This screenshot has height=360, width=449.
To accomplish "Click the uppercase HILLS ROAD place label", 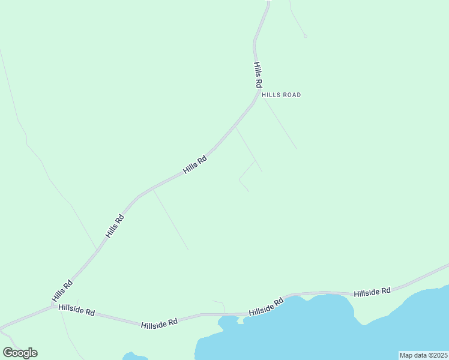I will click(281, 95).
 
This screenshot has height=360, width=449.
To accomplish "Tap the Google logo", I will click(20, 353).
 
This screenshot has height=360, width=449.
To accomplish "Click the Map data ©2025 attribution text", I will click(423, 355).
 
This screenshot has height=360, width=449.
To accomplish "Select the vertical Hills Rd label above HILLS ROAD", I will click(258, 75).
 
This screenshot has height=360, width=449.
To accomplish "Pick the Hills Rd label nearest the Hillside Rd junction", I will click(62, 291).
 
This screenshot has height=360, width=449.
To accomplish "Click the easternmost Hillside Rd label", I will click(372, 292).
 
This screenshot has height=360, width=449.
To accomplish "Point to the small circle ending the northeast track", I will click(305, 36).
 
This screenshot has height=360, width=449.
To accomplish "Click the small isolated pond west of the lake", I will click(134, 357).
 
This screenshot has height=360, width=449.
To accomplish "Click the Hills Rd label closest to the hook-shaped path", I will click(195, 165).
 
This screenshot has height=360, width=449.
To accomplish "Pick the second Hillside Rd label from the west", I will click(159, 323).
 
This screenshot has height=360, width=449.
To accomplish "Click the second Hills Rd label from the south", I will click(114, 226).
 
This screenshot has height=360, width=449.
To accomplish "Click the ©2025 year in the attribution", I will click(436, 355).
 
